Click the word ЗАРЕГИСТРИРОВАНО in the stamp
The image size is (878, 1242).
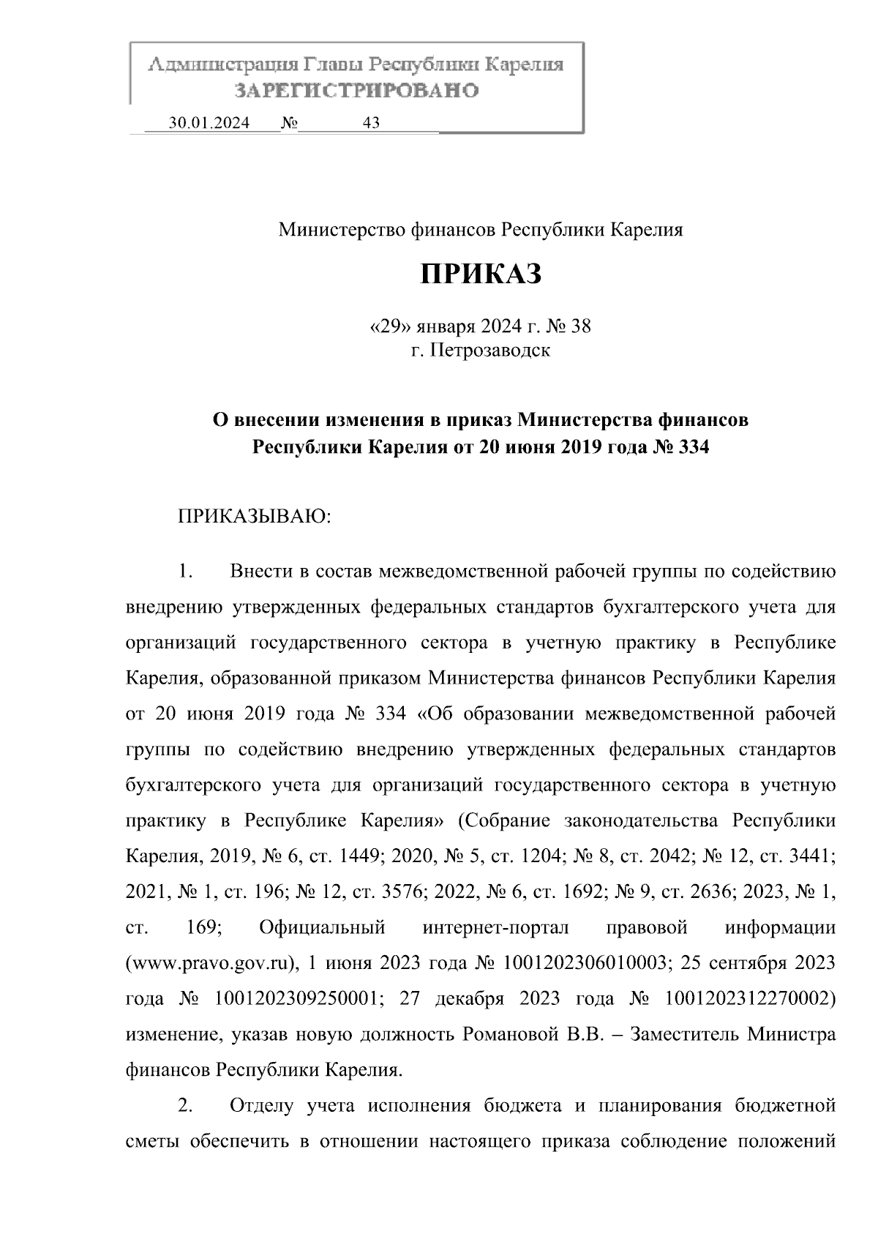356,91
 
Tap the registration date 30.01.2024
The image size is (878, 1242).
209,123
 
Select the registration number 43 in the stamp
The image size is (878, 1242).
371,123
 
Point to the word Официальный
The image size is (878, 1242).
322,927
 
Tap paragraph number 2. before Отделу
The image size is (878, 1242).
184,1106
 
